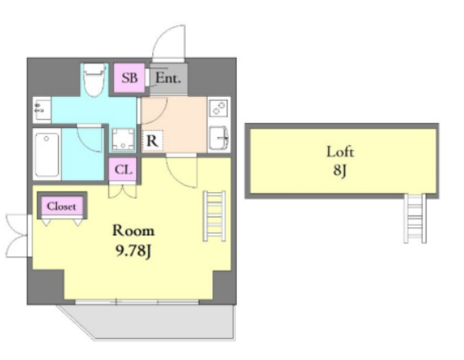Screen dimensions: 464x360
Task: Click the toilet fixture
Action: (94, 80)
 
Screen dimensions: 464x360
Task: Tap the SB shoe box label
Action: (130, 78)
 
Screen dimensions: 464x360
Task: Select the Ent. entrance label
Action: (168, 78)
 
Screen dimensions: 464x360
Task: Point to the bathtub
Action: (47, 154)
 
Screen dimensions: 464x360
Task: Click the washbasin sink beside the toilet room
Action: (42, 109)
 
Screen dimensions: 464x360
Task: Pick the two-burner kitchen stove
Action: (219, 108)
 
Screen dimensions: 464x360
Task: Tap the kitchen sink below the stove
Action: (219, 138)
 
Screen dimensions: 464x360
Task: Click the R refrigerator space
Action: (152, 141)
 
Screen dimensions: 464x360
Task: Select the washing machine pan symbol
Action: (123, 139)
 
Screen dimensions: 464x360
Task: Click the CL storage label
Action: (123, 170)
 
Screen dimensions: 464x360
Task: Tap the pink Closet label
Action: (61, 206)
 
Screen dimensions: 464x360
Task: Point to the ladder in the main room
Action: (214, 216)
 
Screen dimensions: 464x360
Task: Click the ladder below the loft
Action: (415, 218)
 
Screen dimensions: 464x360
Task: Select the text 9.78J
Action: (133, 250)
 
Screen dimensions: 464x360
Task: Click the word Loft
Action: (340, 152)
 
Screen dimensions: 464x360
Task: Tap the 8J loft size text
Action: (340, 170)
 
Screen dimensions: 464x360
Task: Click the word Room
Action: (133, 230)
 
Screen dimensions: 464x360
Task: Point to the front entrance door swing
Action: (168, 43)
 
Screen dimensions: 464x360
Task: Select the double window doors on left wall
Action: (18, 236)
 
